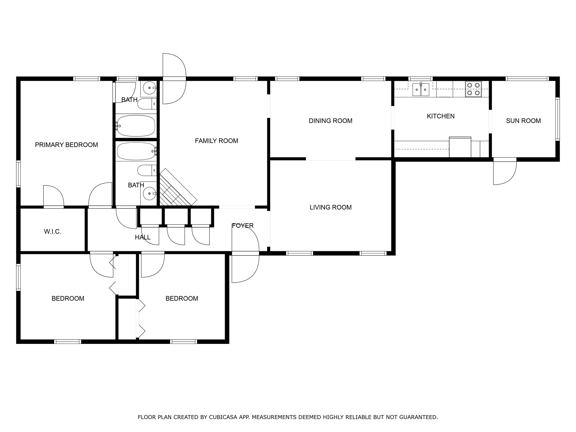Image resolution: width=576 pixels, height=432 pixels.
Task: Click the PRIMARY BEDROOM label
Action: click(x=66, y=145)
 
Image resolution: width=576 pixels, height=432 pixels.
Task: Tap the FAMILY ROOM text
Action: click(x=216, y=141)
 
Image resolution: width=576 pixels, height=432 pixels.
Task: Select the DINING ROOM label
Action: click(x=330, y=121)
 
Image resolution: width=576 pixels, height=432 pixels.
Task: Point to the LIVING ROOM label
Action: click(x=330, y=207)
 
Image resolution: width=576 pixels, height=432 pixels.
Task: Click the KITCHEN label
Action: click(x=441, y=116)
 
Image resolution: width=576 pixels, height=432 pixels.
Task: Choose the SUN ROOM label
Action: click(x=523, y=121)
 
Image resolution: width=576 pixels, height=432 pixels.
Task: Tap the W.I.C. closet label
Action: click(x=53, y=232)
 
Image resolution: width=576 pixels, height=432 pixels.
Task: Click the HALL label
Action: click(x=143, y=237)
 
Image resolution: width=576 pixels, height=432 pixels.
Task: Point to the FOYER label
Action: click(x=243, y=226)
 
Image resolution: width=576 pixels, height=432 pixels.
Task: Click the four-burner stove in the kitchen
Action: click(x=473, y=89)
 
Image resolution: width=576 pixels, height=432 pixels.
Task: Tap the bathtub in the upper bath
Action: click(x=136, y=126)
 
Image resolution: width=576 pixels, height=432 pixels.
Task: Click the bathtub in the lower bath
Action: click(x=136, y=151)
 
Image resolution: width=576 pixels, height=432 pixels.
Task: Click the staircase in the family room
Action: click(x=177, y=188)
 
